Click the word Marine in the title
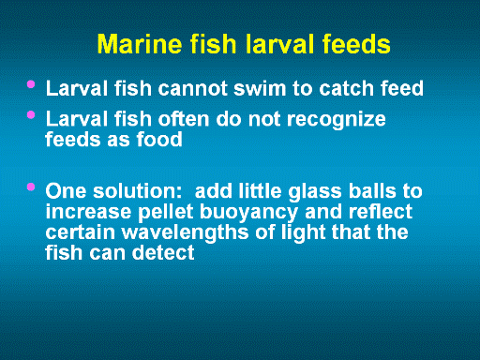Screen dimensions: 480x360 (140, 44)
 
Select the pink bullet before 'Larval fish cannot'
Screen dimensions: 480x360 (31, 84)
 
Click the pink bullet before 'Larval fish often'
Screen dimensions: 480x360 (31, 115)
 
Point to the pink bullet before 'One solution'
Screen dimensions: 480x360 (31, 187)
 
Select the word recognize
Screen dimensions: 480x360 (336, 120)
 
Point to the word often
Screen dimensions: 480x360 (183, 119)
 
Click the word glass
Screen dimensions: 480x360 (315, 192)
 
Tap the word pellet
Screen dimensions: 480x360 (165, 213)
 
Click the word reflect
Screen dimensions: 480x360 (381, 212)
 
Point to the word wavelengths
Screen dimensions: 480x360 (186, 233)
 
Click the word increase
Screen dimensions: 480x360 (88, 212)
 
